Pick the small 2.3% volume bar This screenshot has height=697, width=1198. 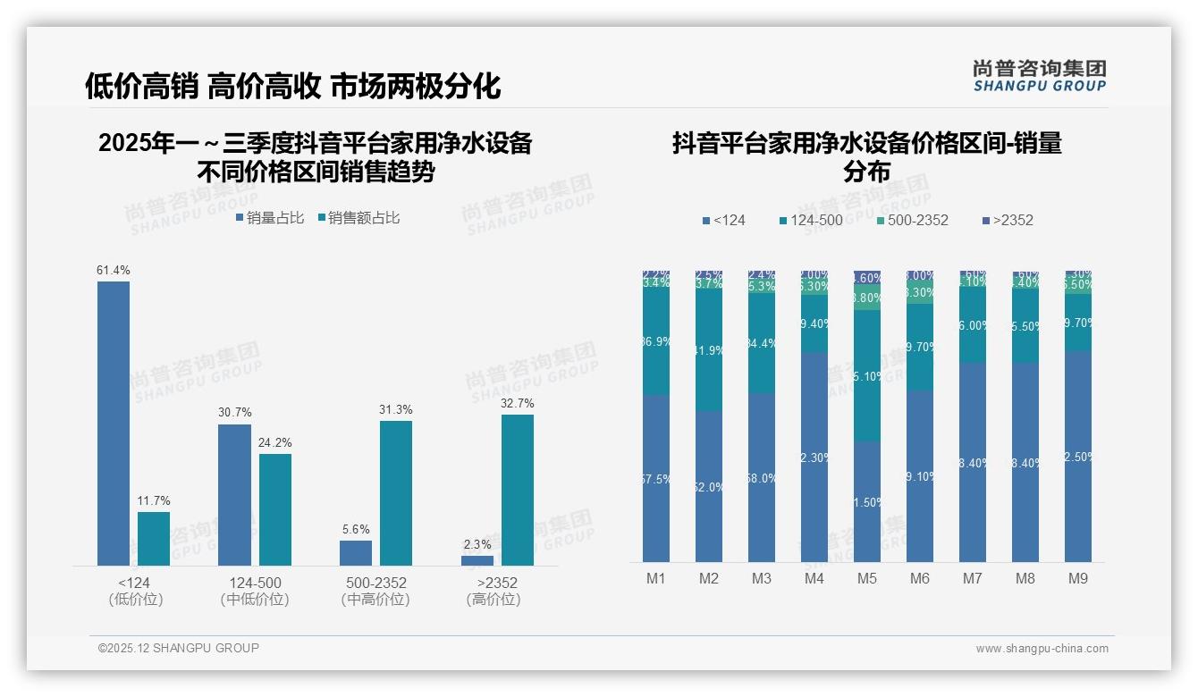click(x=477, y=560)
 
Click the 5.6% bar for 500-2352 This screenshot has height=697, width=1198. click(x=356, y=552)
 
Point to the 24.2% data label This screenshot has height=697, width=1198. click(x=275, y=442)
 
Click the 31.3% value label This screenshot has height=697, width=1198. click(x=396, y=409)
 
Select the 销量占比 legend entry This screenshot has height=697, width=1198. click(x=269, y=217)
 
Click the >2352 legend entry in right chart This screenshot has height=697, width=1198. click(x=1007, y=220)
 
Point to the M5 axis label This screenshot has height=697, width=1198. click(x=867, y=578)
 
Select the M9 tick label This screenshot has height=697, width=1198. click(x=1078, y=578)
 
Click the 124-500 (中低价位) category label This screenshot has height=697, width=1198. click(x=255, y=591)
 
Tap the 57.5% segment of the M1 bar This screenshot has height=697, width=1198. click(x=656, y=479)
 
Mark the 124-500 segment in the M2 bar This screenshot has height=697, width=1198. click(x=709, y=350)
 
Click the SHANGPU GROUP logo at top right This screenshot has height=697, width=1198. click(x=1039, y=75)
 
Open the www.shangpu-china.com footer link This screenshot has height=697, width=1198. click(x=1042, y=649)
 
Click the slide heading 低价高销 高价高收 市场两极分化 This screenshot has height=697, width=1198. click(x=292, y=86)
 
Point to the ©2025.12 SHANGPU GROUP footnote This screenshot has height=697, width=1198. click(x=179, y=648)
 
